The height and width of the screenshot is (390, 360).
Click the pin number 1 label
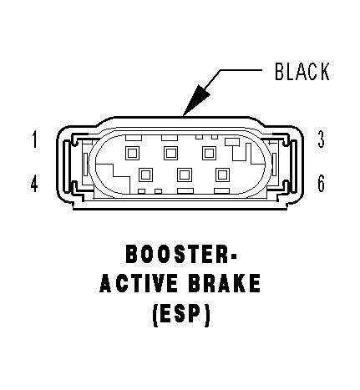coord(34,139)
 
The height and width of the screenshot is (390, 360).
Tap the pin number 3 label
coord(321,139)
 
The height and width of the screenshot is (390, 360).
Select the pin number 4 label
coord(34,183)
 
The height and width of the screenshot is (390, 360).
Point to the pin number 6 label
coord(321,184)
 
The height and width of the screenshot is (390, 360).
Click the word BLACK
coord(302,72)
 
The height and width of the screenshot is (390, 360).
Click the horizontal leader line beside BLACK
coord(241,70)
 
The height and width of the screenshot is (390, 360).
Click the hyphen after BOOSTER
coord(233,255)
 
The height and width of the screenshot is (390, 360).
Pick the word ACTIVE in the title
coord(139,283)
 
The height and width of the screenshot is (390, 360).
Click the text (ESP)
coord(181,313)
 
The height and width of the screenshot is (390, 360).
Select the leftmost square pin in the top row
coord(133,153)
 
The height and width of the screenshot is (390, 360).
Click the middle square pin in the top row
coord(171,153)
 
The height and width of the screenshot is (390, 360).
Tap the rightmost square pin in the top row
coord(210,153)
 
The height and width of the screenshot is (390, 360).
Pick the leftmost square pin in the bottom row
coord(145,175)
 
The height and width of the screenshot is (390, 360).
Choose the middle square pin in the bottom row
coord(184,175)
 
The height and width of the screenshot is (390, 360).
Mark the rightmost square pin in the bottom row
coord(222,175)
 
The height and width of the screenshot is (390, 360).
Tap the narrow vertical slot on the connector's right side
coord(274,165)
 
